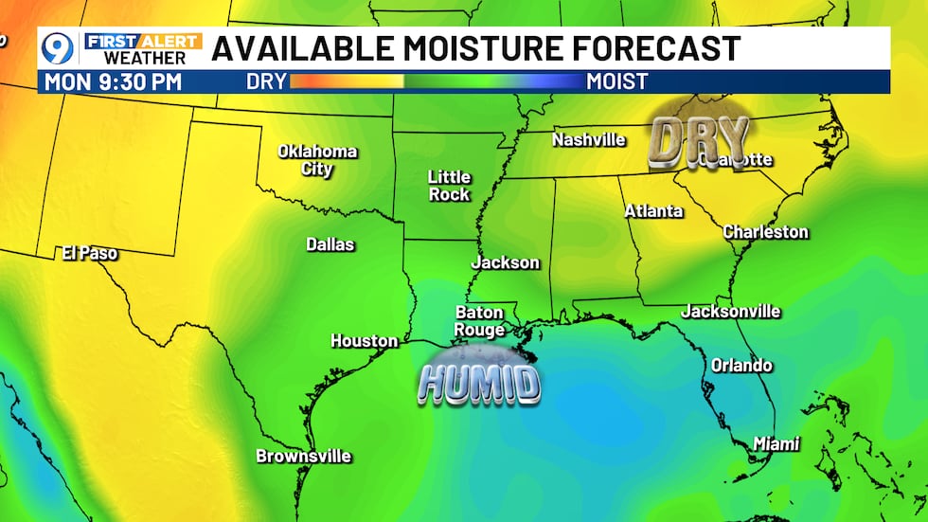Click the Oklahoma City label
click(317, 160)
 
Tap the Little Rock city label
click(449, 185)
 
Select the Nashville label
click(589, 140)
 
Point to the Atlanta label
click(653, 211)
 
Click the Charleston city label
click(765, 232)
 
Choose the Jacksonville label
click(731, 312)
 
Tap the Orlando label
click(742, 366)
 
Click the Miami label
click(776, 443)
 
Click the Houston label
click(364, 341)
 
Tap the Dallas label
click(330, 244)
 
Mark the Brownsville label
click(303, 457)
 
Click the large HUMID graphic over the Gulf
click(480, 383)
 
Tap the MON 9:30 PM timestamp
click(113, 81)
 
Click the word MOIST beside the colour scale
click(616, 81)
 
